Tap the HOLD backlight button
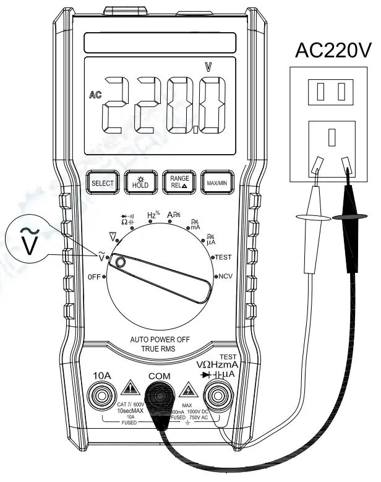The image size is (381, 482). [x=139, y=183]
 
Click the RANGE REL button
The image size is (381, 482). [x=176, y=183]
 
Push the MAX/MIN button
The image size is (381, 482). [x=214, y=183]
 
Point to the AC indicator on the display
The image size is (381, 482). [x=95, y=95]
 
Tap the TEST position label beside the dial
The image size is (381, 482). [x=222, y=256]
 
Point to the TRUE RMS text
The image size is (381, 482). [x=156, y=350]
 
